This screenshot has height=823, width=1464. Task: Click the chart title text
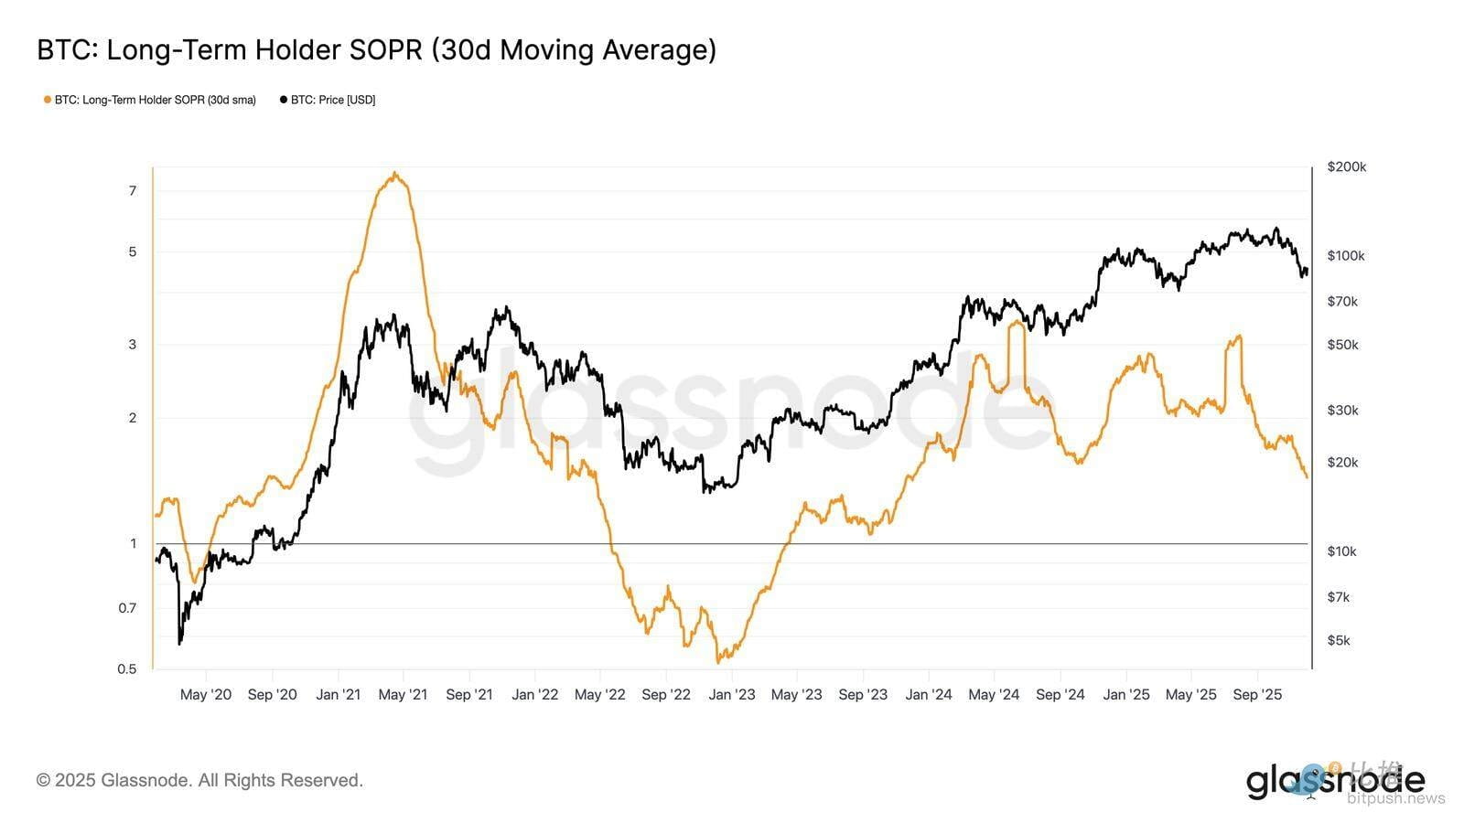point(376,50)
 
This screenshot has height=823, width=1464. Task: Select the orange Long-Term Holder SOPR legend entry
point(150,100)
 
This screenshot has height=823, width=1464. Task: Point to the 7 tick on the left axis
point(133,191)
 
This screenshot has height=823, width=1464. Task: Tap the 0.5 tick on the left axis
point(127,668)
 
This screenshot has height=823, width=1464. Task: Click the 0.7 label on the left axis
point(127,608)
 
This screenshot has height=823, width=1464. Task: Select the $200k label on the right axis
point(1346,167)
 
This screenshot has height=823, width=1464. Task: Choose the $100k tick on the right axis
point(1346,256)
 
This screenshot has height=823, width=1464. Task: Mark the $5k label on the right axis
point(1339,640)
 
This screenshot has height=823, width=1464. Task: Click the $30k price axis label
point(1342,411)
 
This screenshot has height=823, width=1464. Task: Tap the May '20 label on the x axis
point(206,695)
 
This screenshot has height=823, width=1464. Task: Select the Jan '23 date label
point(732,695)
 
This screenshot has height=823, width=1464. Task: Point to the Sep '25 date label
point(1257,695)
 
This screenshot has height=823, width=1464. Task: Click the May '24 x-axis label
point(994,695)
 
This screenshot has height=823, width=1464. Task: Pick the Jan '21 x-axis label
point(338,695)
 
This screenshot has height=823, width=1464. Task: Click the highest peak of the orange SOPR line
point(394,173)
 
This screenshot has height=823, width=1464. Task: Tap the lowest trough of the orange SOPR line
point(719,661)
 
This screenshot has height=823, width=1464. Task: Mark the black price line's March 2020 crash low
point(179,644)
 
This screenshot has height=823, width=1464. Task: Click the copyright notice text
point(199,781)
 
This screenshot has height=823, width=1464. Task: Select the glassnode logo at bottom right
point(1335,781)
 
